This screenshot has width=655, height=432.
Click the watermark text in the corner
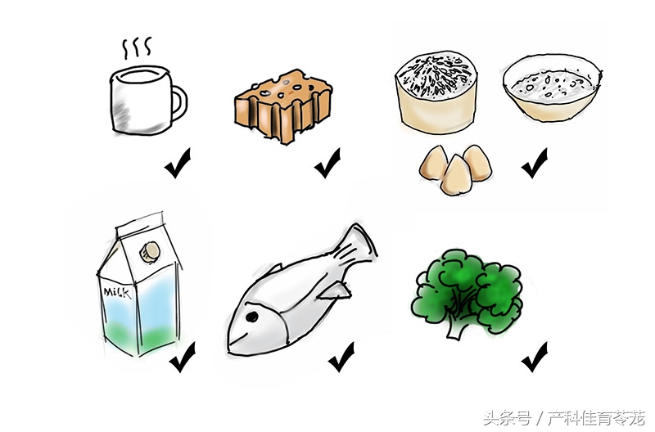[x=564, y=418]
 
